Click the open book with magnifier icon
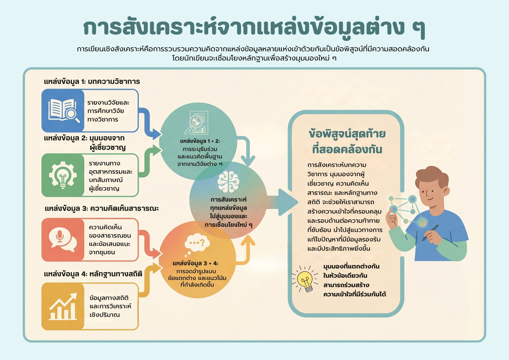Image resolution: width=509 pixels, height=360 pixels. [64, 110]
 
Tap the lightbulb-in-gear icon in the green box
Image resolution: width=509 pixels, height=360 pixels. [63, 175]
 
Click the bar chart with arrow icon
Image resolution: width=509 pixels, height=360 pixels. [63, 306]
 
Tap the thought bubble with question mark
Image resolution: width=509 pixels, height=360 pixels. [197, 245]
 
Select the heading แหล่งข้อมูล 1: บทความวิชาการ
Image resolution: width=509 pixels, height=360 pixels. [92, 81]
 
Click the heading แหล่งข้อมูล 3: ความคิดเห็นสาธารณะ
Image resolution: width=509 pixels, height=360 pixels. [101, 208]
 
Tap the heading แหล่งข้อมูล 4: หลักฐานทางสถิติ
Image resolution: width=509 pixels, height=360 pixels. [93, 274]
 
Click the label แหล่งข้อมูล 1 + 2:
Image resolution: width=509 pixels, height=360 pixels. [200, 141]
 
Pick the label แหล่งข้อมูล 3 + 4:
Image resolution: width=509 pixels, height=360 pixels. [195, 263]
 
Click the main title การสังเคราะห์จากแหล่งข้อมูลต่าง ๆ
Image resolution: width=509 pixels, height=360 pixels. [254, 28]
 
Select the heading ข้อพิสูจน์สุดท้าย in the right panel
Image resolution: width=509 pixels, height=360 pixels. [347, 134]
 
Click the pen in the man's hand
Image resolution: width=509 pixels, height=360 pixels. [430, 233]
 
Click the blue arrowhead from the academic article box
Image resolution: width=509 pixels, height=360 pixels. [157, 134]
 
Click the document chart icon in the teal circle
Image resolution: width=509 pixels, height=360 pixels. [196, 122]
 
